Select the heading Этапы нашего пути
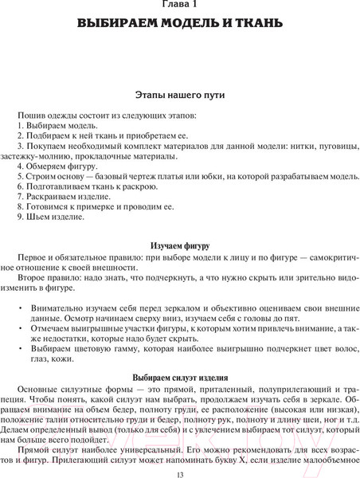pos(180,95)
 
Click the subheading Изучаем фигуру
pos(180,245)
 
